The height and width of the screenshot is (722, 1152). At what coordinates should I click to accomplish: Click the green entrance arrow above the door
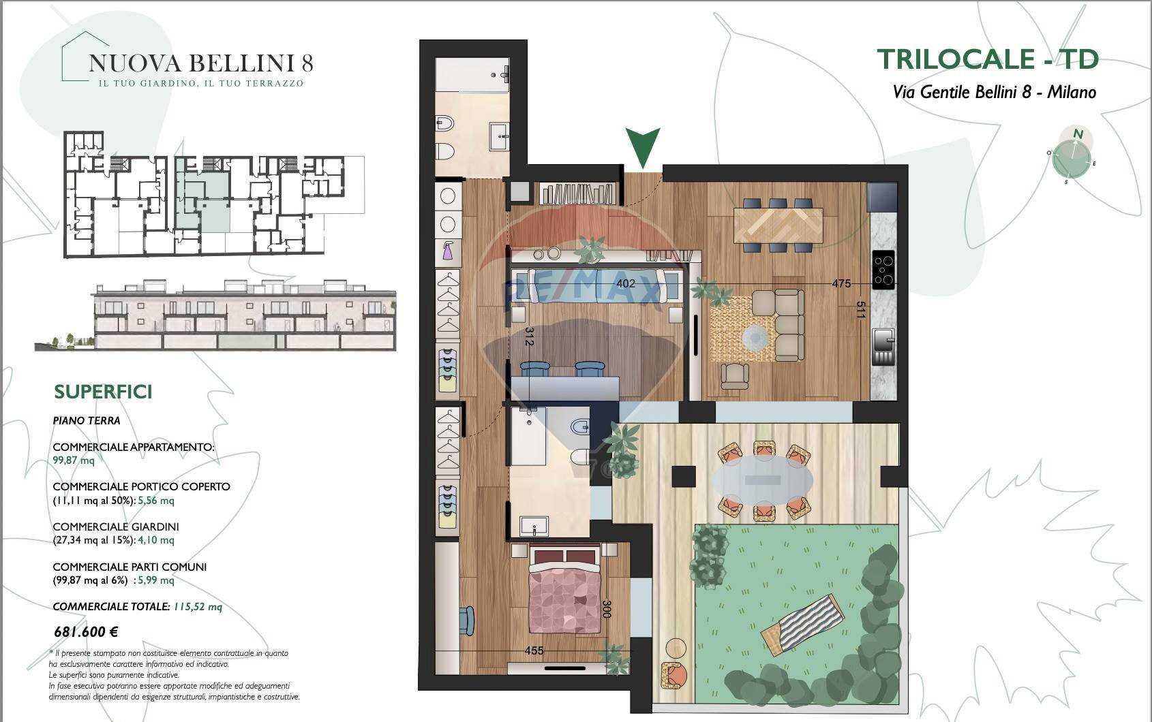(642, 146)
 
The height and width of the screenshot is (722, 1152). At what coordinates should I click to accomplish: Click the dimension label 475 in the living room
(841, 284)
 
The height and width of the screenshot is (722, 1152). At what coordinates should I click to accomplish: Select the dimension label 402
(625, 284)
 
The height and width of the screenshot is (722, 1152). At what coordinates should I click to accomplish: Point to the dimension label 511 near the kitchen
(861, 310)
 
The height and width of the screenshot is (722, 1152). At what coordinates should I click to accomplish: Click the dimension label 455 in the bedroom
(534, 651)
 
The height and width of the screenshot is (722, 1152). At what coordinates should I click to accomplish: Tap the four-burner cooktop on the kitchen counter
(883, 270)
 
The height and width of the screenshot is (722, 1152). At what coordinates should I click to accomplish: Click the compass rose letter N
(1078, 134)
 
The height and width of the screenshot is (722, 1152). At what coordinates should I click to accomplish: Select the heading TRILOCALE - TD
(988, 59)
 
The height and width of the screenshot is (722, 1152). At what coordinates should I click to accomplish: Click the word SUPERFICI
(103, 392)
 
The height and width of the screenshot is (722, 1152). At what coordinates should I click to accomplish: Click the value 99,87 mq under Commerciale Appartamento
(73, 460)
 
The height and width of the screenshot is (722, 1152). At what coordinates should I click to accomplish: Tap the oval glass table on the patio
(763, 481)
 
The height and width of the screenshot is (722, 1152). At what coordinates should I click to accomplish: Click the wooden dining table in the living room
(778, 225)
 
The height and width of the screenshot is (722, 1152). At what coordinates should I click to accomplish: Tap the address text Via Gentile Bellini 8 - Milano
(994, 92)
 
